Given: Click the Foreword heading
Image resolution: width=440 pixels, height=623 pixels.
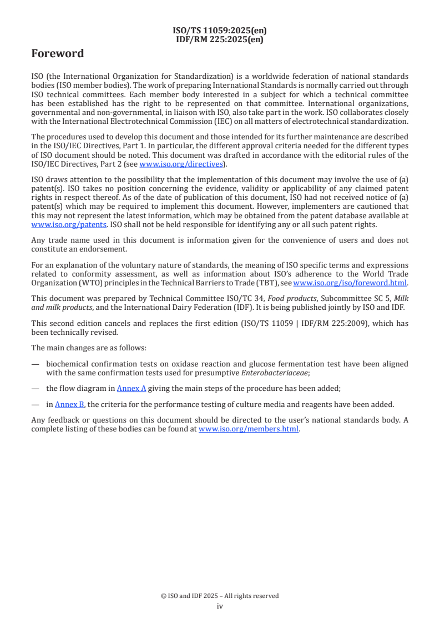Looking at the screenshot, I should pyautogui.click(x=58, y=54).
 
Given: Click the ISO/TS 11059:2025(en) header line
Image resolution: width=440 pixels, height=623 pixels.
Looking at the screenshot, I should pyautogui.click(x=220, y=31).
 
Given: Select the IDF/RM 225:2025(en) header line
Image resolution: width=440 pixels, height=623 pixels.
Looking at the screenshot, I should pyautogui.click(x=220, y=39).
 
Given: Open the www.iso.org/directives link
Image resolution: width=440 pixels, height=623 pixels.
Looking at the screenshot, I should pyautogui.click(x=181, y=164).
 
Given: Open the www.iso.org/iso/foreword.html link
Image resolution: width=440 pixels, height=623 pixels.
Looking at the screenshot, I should pyautogui.click(x=350, y=283).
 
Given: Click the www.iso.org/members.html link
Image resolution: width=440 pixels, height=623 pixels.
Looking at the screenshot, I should pyautogui.click(x=249, y=429).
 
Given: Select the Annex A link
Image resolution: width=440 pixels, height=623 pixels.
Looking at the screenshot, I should pyautogui.click(x=131, y=388).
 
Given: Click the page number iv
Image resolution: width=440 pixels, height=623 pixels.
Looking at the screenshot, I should pyautogui.click(x=220, y=606).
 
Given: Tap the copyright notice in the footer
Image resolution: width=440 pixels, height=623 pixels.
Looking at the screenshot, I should pyautogui.click(x=220, y=596).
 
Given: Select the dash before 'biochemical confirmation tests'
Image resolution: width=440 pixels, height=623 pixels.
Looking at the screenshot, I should pyautogui.click(x=36, y=364).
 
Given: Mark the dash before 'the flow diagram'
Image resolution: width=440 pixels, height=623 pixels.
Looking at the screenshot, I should pyautogui.click(x=36, y=388).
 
